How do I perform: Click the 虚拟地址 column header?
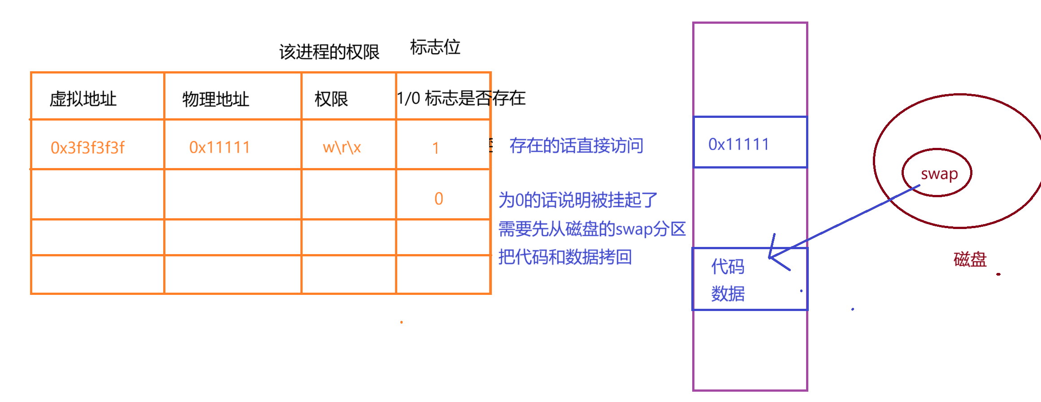(x=83, y=99)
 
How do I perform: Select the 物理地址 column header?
(x=216, y=99)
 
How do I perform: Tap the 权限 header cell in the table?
(x=331, y=99)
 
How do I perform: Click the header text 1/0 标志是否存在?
(x=461, y=98)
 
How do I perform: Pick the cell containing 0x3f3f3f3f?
(x=87, y=147)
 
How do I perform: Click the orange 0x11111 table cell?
(x=219, y=147)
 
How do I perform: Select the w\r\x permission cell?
(x=342, y=147)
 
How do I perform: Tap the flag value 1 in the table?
(x=435, y=148)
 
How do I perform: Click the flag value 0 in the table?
(x=438, y=199)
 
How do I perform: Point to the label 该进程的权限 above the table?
(x=329, y=52)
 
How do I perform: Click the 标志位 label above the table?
(x=435, y=47)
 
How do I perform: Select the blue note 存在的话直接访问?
(x=576, y=146)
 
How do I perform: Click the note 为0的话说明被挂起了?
(x=578, y=200)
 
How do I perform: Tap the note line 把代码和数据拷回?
(x=565, y=257)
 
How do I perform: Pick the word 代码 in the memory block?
(x=728, y=267)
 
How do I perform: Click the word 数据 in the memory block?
(x=728, y=294)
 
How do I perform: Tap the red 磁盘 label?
(x=970, y=259)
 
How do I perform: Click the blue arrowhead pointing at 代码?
(x=772, y=257)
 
